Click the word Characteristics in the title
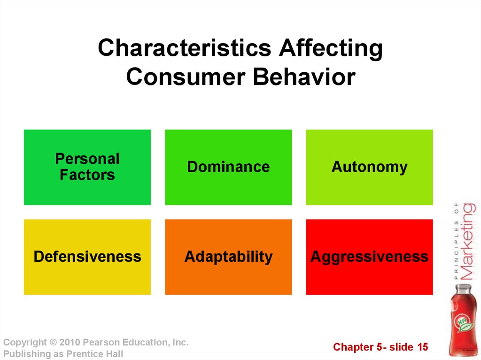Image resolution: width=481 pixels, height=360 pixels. click(x=184, y=48)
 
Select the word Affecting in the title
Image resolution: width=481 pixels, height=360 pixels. click(x=331, y=49)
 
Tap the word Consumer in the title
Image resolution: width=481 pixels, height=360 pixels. click(x=186, y=77)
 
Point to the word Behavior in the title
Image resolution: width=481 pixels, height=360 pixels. click(x=304, y=77)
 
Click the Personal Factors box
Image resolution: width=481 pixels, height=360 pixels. click(x=87, y=167)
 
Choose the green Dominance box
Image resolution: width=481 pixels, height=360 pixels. click(x=228, y=167)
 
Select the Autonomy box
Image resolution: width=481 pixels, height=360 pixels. click(x=369, y=167)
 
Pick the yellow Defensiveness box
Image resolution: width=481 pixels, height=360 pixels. click(x=87, y=257)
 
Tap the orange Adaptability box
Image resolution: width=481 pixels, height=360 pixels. click(x=228, y=257)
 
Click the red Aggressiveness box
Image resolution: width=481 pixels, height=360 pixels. click(x=369, y=257)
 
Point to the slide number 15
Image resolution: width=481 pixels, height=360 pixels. click(x=422, y=347)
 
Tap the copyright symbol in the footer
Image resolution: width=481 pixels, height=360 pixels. click(x=54, y=342)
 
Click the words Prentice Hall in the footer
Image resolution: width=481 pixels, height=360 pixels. click(x=94, y=353)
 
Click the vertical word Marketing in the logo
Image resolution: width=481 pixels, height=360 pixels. click(x=468, y=241)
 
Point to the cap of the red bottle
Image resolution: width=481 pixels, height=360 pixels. click(x=464, y=288)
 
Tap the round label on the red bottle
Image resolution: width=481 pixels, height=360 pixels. click(x=464, y=323)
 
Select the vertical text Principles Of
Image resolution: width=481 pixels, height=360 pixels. click(x=457, y=241)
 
